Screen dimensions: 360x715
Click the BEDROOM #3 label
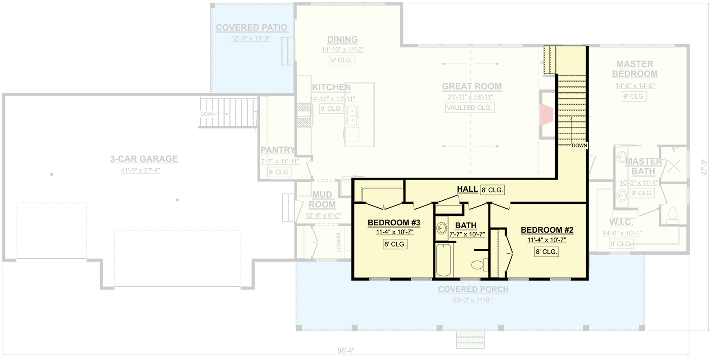(394, 223)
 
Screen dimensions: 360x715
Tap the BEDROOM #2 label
(547, 230)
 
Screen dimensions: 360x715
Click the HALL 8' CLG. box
(492, 190)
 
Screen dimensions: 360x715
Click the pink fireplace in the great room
(547, 115)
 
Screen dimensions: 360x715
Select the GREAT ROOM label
(471, 86)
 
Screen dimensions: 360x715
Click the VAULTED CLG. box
(470, 108)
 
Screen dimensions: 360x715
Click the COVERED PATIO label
(251, 28)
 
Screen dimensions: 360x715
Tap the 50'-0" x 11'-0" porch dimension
(473, 300)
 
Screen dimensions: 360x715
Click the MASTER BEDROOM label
(634, 69)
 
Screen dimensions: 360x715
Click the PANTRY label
(277, 150)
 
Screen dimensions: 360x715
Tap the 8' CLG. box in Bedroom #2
(546, 252)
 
